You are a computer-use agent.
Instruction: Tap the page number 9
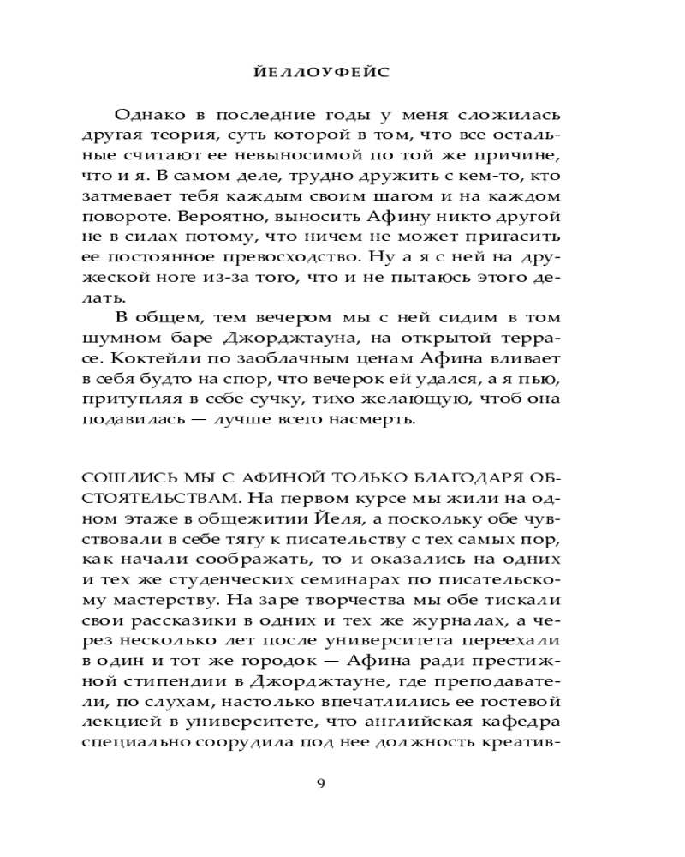pyautogui.click(x=320, y=782)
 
